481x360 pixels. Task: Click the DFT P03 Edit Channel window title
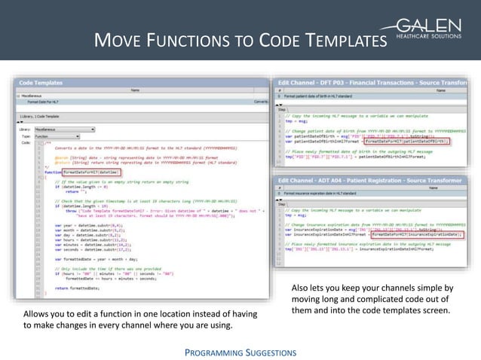point(370,82)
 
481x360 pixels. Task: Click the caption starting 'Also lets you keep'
point(372,298)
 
